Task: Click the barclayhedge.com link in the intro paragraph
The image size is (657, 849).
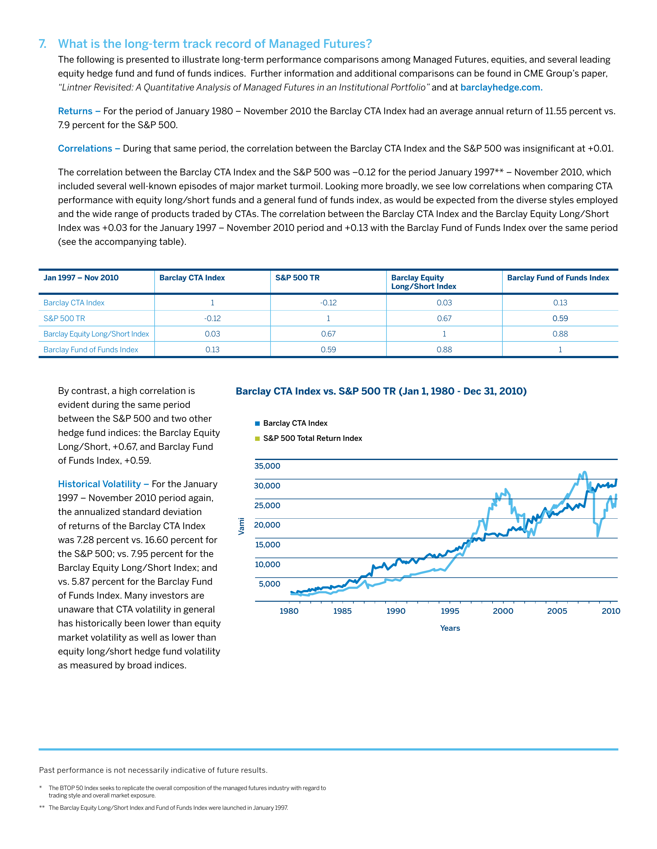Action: [x=501, y=87]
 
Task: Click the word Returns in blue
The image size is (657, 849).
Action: [x=75, y=111]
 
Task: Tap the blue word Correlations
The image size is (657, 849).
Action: [x=85, y=148]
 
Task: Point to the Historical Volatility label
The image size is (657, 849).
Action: [x=99, y=484]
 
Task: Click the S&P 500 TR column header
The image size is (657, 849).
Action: [x=297, y=278]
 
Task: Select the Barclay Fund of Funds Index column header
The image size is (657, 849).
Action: [x=558, y=278]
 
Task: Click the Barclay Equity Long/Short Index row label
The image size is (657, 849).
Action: [x=96, y=334]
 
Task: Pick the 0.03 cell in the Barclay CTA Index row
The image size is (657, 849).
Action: [x=444, y=303]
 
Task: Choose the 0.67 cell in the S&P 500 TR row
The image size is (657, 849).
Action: [x=444, y=318]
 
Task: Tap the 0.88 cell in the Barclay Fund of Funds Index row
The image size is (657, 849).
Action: [x=444, y=349]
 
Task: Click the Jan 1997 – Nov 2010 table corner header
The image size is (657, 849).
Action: [x=81, y=278]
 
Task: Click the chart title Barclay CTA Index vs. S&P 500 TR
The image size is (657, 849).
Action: [x=381, y=391]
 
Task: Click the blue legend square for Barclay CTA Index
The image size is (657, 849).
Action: [x=257, y=424]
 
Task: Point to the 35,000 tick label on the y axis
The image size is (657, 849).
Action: [x=267, y=466]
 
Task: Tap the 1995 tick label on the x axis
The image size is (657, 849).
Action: [x=450, y=611]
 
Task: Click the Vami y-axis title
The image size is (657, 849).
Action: [x=242, y=526]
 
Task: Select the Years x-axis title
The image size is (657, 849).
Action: [x=450, y=628]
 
